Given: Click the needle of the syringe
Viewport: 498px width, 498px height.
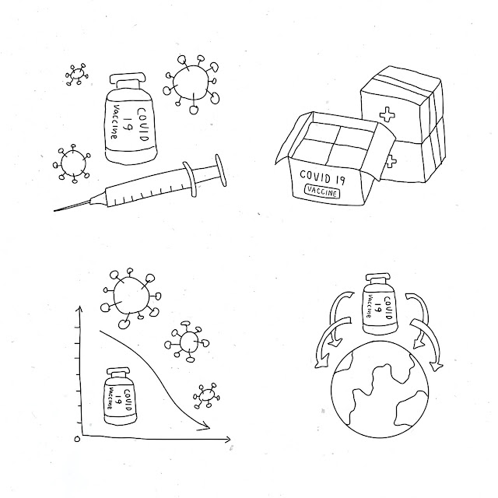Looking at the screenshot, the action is (73, 205).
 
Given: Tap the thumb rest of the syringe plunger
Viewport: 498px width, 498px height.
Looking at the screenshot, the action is (221, 170).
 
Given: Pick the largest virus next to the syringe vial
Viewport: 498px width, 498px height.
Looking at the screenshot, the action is (191, 83).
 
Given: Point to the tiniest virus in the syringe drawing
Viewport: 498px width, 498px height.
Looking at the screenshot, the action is (77, 75).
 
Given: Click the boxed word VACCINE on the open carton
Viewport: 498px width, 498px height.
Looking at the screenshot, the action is (322, 191).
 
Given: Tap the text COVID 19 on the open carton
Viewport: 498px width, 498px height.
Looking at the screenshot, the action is (322, 177).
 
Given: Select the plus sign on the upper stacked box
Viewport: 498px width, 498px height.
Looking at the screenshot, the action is (387, 114).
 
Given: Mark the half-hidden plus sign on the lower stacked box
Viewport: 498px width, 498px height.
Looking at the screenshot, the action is (391, 161).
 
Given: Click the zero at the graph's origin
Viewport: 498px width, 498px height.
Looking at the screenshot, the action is (77, 439).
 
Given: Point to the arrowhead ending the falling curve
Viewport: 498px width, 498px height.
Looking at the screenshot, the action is (204, 426).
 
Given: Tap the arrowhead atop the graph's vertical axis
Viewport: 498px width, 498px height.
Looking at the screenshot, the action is (79, 309).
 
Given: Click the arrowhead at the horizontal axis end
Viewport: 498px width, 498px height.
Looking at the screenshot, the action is (227, 440).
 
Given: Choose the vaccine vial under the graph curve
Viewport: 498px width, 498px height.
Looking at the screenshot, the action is (120, 396).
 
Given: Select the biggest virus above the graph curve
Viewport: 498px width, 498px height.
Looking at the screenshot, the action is (131, 296).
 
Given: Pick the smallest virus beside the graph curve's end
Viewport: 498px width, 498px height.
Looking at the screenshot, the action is (206, 396).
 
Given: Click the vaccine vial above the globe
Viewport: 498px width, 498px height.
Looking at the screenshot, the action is (380, 303).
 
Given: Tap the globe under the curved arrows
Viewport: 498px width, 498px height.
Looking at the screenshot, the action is (380, 390).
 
